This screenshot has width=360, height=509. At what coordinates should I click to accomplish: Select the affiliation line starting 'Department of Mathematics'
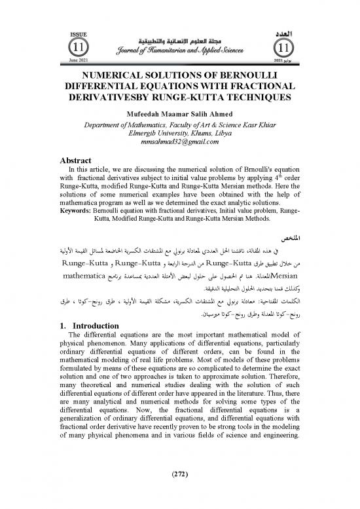pos(179,122)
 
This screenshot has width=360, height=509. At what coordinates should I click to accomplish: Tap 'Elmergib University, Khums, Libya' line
pos(179,131)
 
